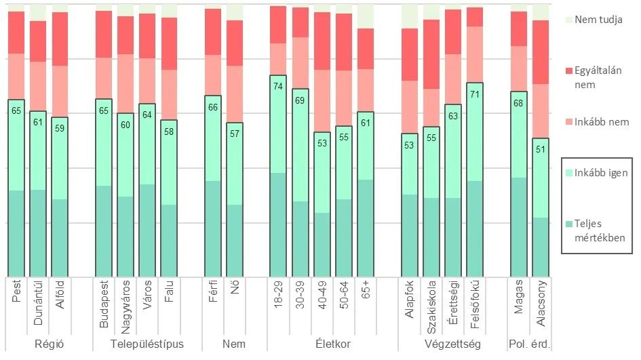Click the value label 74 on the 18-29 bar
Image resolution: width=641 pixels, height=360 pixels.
[278, 86]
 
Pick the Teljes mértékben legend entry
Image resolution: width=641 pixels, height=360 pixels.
[600, 231]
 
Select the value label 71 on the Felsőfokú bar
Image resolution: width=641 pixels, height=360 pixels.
[475, 94]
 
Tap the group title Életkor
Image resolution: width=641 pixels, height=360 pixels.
[333, 344]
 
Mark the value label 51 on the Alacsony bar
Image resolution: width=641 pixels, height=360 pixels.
[541, 150]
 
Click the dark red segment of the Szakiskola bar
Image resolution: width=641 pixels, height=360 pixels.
[431, 54]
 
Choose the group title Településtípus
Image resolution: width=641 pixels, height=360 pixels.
[147, 344]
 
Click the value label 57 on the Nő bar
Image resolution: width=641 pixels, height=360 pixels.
[235, 134]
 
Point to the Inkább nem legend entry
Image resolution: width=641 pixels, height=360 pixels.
[602, 123]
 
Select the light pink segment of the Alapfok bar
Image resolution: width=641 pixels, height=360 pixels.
[410, 107]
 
